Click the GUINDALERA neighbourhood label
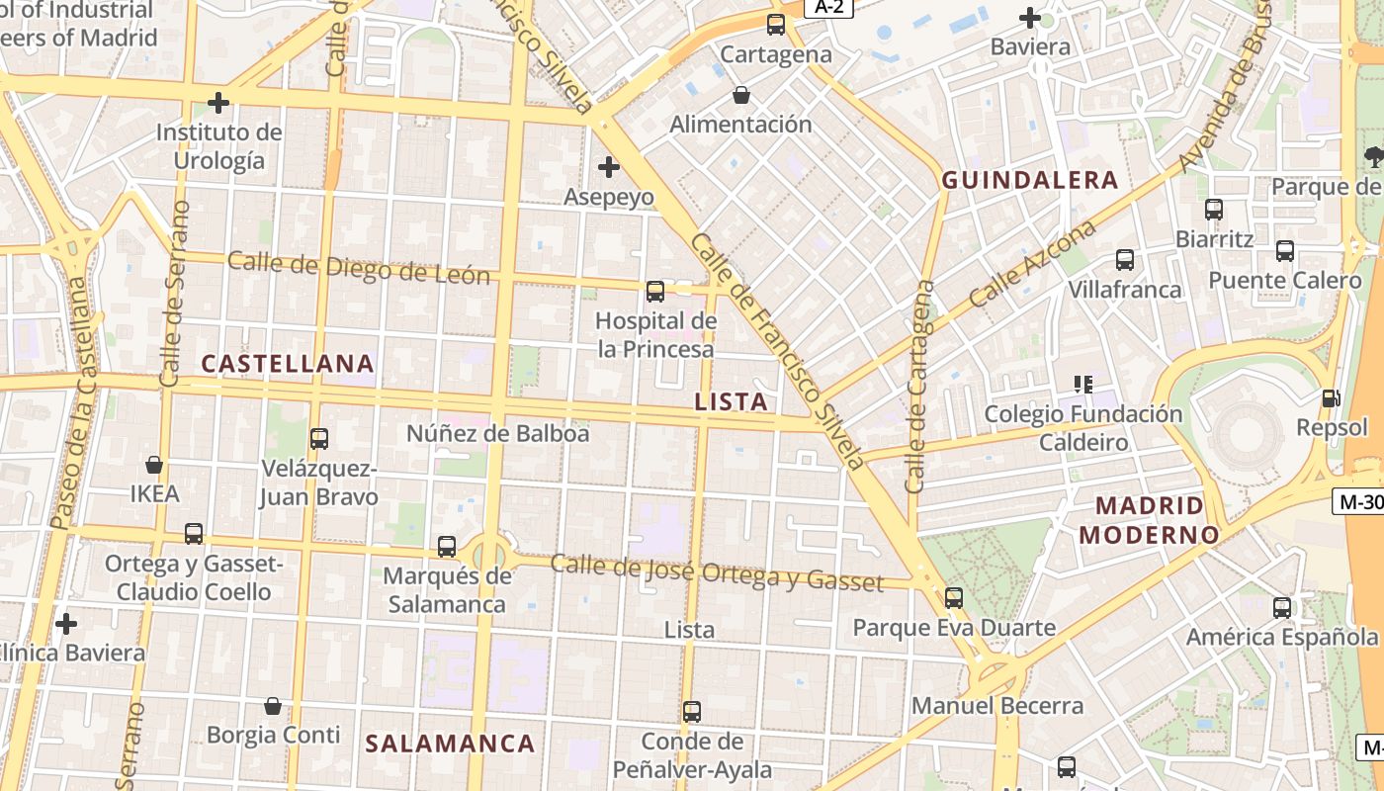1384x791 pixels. (x=1029, y=180)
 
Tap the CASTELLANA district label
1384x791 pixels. (x=288, y=364)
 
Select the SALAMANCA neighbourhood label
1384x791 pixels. (x=450, y=744)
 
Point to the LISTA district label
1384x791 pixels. (x=731, y=401)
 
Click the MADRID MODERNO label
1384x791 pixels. (x=1149, y=521)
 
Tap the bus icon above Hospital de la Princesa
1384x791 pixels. (x=654, y=291)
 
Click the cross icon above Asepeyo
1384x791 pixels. (x=609, y=167)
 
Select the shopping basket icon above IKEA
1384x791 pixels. (x=154, y=464)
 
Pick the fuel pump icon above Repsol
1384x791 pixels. (x=1331, y=398)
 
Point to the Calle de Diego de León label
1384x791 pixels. (x=359, y=268)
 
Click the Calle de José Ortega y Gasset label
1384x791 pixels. (x=716, y=572)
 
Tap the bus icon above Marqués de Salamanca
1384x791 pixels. (x=447, y=546)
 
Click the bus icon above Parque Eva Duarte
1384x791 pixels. (x=953, y=597)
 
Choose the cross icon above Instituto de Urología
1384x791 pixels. (x=218, y=103)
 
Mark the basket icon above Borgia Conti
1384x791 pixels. (x=273, y=706)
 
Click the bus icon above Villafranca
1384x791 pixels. (x=1125, y=260)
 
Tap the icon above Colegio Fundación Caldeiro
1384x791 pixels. (x=1083, y=384)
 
